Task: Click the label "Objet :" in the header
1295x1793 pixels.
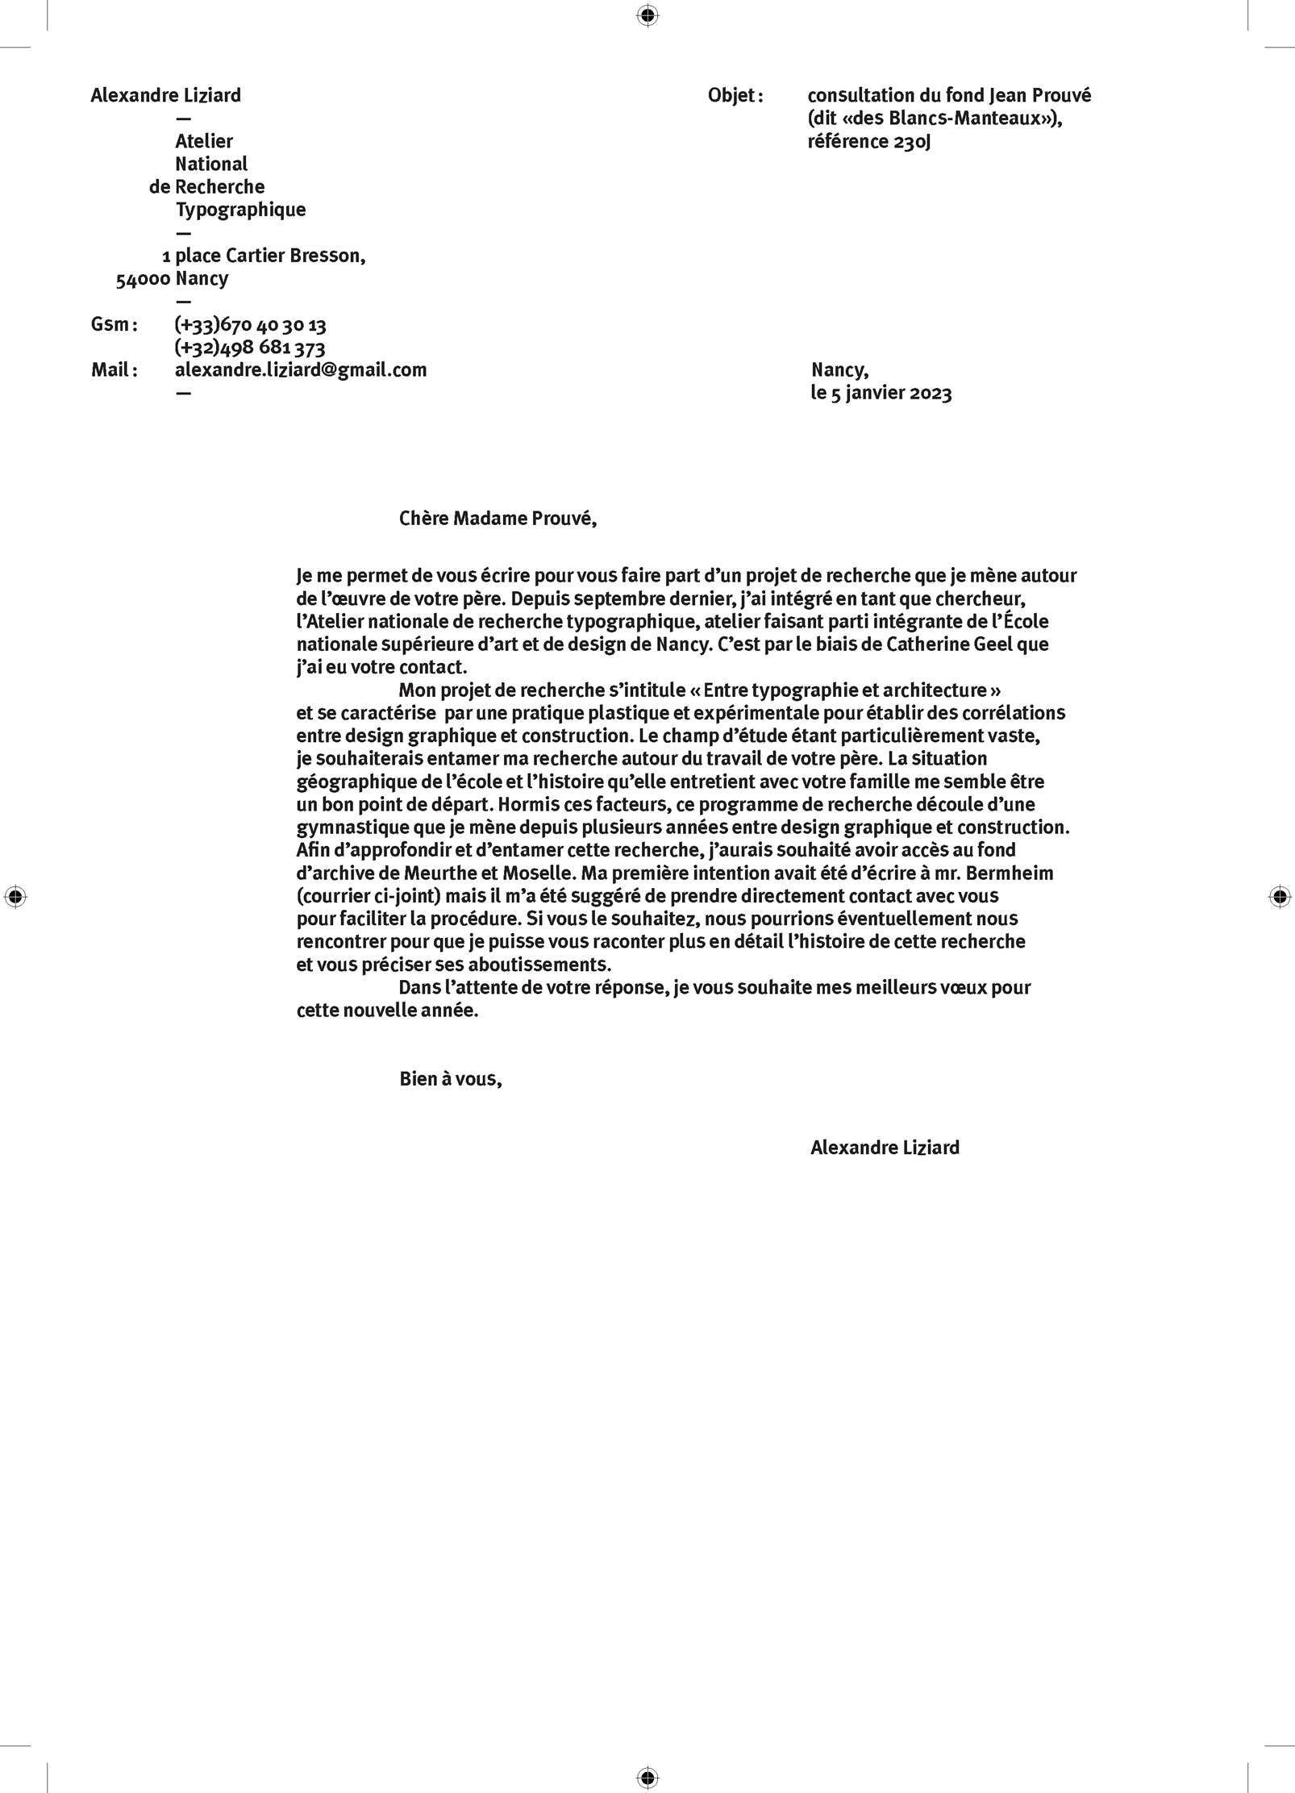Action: [x=735, y=96]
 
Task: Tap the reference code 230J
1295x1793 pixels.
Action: [x=912, y=142]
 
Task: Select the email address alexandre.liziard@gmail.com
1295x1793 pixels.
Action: [x=301, y=370]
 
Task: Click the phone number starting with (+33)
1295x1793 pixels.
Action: [x=250, y=325]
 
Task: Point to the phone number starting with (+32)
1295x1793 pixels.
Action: [x=250, y=348]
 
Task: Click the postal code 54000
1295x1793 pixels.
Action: [x=143, y=280]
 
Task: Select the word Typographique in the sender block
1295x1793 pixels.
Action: [x=240, y=211]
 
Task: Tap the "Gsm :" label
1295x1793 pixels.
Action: [x=114, y=325]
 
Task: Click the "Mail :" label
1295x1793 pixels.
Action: [x=114, y=370]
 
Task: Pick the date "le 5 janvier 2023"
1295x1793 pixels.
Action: [x=881, y=394]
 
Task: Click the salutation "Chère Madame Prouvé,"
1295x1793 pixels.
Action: [x=498, y=519]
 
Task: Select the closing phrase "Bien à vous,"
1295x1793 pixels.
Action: [x=450, y=1079]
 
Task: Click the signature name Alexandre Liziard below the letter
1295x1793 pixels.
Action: [x=885, y=1148]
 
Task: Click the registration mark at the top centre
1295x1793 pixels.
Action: [x=647, y=15]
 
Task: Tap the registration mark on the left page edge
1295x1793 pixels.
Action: [x=15, y=896]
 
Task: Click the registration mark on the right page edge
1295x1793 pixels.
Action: [x=1279, y=896]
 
